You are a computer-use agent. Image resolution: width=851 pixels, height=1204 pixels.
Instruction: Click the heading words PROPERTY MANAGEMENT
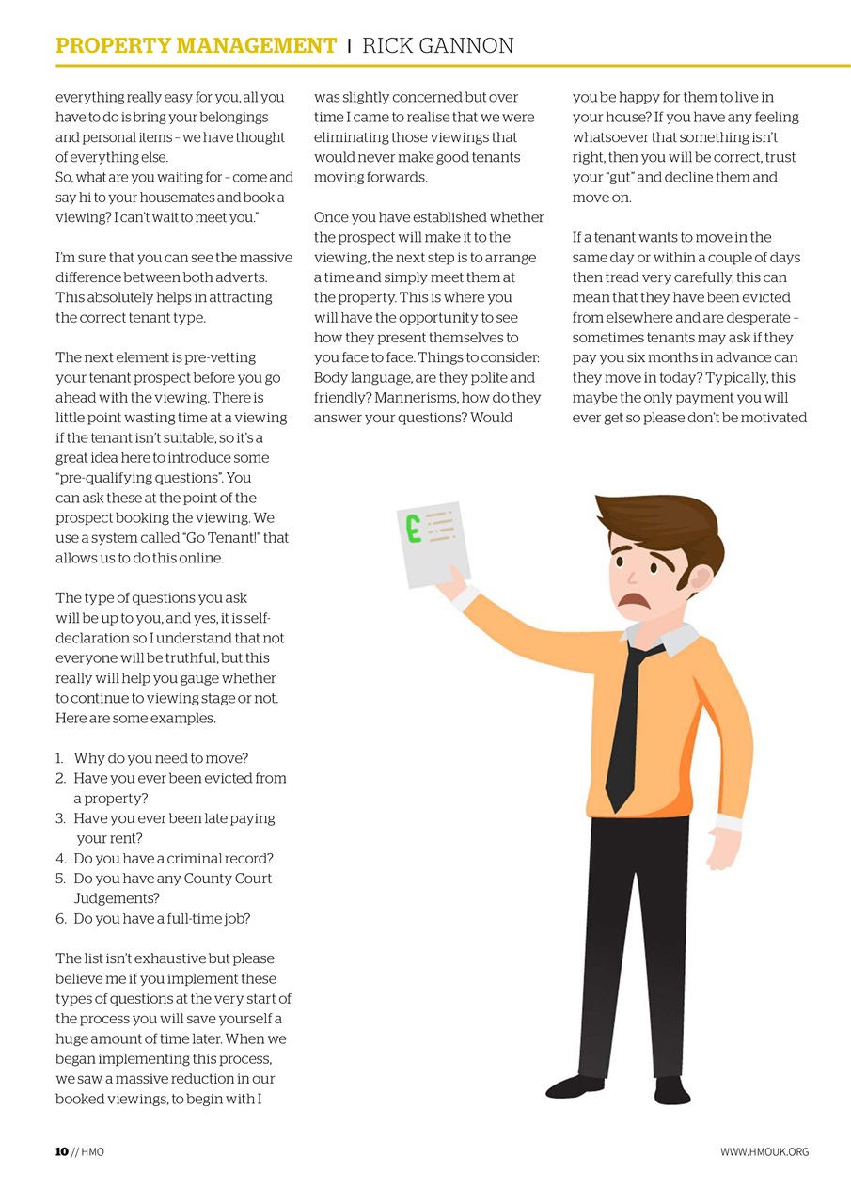coord(196,46)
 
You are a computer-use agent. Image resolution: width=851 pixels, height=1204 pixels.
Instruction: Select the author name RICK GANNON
coord(437,46)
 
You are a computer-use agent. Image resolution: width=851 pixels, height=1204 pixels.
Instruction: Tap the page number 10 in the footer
coord(62,1152)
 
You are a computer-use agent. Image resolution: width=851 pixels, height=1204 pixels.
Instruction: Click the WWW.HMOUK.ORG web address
coord(764,1152)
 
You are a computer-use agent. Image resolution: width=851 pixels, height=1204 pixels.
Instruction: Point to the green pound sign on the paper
coord(413,529)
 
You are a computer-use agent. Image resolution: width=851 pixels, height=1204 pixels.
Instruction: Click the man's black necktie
coord(627,724)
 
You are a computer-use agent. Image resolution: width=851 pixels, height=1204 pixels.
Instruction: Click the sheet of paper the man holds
coord(434,542)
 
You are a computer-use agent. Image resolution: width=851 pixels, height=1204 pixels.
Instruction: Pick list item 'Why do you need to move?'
coord(161,758)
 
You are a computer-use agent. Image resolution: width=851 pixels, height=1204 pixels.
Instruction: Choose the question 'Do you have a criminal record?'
coord(173,858)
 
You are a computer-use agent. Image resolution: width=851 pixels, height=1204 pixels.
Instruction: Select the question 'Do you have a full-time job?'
coord(162,918)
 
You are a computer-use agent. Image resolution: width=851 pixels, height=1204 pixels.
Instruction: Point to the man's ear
coord(701,578)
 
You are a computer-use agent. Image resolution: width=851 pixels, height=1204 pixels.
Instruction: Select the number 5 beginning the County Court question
coord(60,879)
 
